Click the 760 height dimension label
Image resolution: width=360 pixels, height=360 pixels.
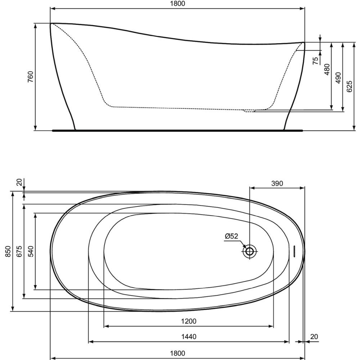(x=30, y=77)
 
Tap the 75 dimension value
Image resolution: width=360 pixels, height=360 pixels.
(x=316, y=60)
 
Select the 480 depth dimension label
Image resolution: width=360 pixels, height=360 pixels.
(x=327, y=69)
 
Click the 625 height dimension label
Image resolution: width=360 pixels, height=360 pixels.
(x=349, y=86)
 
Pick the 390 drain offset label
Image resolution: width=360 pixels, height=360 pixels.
(x=277, y=184)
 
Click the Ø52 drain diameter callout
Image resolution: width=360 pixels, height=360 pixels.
(x=231, y=236)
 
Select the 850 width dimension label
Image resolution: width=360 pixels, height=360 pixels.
(x=8, y=251)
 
